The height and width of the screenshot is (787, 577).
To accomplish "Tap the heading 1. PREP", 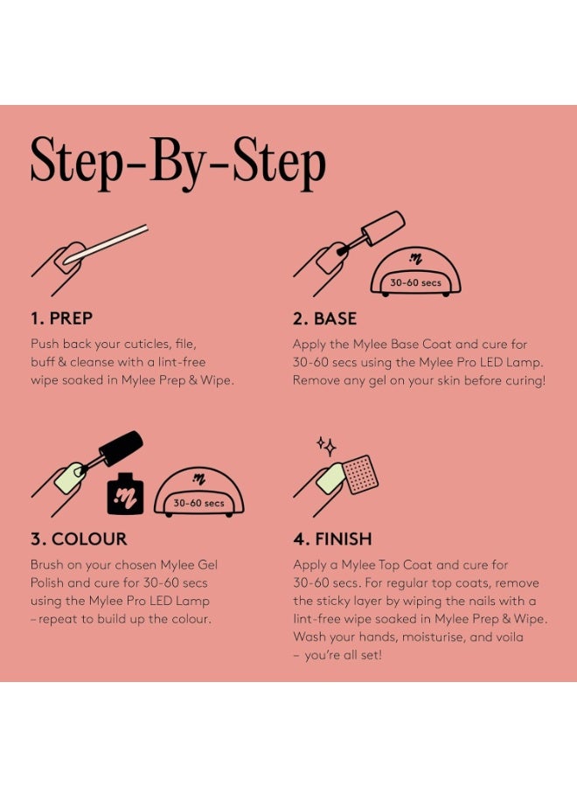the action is tap(61, 318).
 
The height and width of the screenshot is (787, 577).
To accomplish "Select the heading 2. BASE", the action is tap(324, 318).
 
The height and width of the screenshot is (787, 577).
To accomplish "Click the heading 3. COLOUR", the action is tap(79, 539).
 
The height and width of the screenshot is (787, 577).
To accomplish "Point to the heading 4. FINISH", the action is tap(333, 539).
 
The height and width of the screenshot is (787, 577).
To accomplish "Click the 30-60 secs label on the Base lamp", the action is tap(416, 282).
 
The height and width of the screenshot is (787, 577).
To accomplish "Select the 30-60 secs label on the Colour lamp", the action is tap(198, 503).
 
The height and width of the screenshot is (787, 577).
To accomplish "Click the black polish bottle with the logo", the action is tap(125, 493).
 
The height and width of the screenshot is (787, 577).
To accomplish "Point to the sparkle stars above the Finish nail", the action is tap(327, 445).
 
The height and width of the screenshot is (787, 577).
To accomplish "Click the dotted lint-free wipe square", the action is tap(360, 474).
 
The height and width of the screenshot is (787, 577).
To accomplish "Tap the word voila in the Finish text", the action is tap(510, 637).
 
